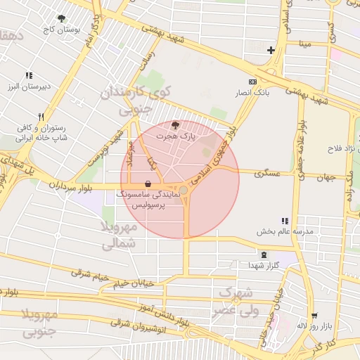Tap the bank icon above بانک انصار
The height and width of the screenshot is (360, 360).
pyautogui.click(x=253, y=82)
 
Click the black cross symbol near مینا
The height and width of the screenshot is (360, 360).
pyautogui.click(x=271, y=50)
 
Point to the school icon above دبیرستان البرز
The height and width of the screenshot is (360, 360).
pyautogui.click(x=29, y=75)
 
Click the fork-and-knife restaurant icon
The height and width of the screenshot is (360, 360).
pyautogui.click(x=41, y=117)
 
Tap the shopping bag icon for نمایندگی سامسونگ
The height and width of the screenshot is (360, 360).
pyautogui.click(x=147, y=183)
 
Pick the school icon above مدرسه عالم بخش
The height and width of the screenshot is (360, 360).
pyautogui.click(x=285, y=221)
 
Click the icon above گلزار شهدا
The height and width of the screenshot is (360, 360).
pyautogui.click(x=264, y=255)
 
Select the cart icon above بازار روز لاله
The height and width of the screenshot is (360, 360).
pyautogui.click(x=314, y=315)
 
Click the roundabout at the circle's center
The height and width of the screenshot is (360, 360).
pyautogui.click(x=184, y=191)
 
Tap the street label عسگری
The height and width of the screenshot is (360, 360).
pyautogui.click(x=268, y=172)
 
